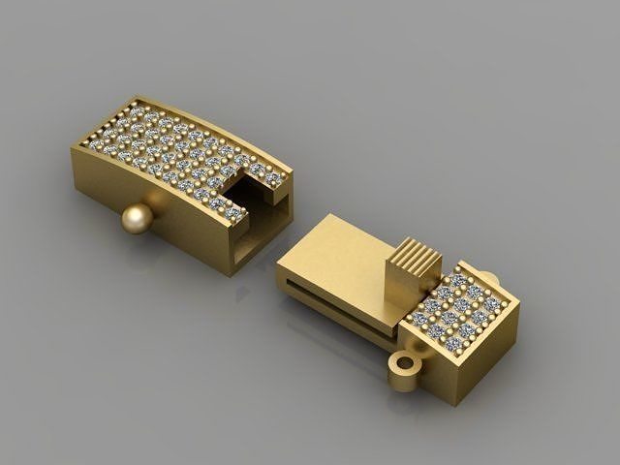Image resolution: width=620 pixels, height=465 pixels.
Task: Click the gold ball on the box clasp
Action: tap(138, 220)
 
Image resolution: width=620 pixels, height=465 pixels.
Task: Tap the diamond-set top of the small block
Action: tap(462, 305)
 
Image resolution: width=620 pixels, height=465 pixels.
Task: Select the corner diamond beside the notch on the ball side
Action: tap(232, 213)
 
